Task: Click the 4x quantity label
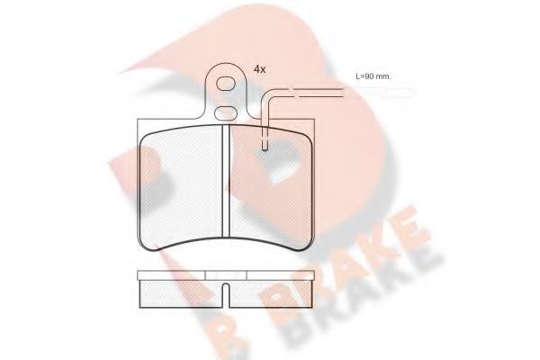click(x=259, y=68)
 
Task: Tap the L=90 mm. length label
click(x=373, y=76)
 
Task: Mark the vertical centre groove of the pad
click(x=224, y=189)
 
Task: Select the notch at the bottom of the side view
click(x=224, y=292)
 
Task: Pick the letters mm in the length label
click(x=383, y=76)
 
